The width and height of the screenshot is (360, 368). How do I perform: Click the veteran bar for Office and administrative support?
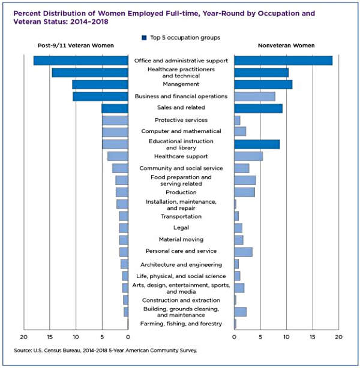click(x=81, y=61)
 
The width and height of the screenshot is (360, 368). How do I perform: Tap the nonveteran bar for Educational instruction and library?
click(x=257, y=144)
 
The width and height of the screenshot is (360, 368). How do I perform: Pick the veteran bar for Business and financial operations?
click(x=100, y=96)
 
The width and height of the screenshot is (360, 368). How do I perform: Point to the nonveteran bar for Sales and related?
click(x=258, y=108)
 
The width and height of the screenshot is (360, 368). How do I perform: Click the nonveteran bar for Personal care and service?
click(x=243, y=252)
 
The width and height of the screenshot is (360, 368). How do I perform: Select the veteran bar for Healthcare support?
click(x=118, y=156)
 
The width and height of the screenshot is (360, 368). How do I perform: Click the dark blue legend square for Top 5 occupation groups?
click(x=145, y=38)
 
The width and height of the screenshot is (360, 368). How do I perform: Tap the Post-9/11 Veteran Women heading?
click(x=76, y=46)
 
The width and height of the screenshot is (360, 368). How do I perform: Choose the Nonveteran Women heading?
click(x=286, y=46)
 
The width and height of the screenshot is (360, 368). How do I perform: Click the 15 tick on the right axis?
click(x=313, y=337)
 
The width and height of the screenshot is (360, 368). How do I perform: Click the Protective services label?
click(x=181, y=120)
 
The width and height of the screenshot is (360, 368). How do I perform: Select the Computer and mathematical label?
click(x=181, y=131)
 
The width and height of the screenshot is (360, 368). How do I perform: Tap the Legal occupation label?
click(x=181, y=228)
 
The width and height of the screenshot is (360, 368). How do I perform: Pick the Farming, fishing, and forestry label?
click(x=181, y=324)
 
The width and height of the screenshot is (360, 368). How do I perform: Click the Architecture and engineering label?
click(x=181, y=264)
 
